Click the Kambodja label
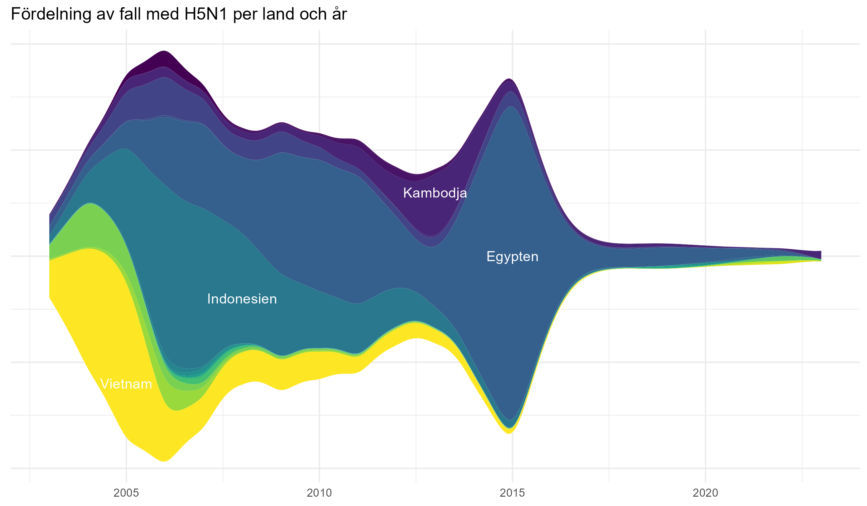coord(435,193)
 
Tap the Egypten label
coord(512,257)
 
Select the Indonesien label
coord(242,299)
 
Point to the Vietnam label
coord(126,384)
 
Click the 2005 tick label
coord(126,493)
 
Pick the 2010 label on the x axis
coord(319,493)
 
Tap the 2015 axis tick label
coord(512,493)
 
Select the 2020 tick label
coord(705,493)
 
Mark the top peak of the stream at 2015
coord(509,81)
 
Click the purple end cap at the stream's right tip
coord(817,254)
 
